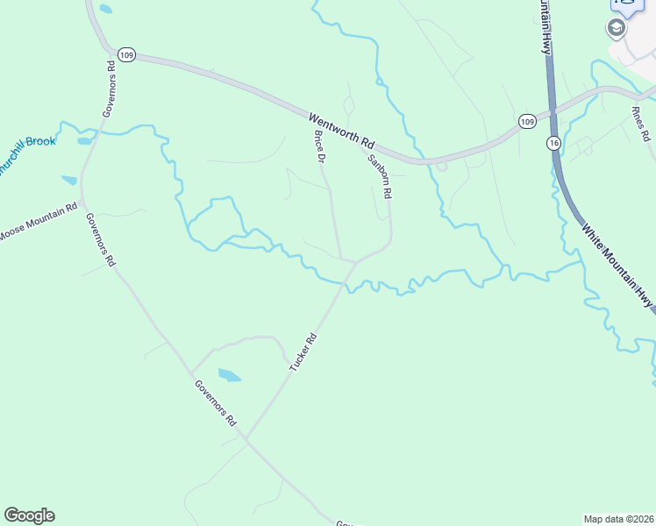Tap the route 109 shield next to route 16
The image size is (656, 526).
[x=526, y=120]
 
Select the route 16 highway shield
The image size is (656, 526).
[x=553, y=142]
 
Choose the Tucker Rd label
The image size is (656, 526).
[x=303, y=350]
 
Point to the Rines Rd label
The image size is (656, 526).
[x=640, y=124]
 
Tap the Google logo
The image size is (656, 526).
[x=29, y=515]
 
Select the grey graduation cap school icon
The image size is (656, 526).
[x=617, y=28]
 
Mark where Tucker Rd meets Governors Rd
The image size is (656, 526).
[x=246, y=438]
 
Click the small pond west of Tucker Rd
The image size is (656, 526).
[x=229, y=375]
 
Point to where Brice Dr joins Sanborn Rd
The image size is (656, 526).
[x=354, y=261]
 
